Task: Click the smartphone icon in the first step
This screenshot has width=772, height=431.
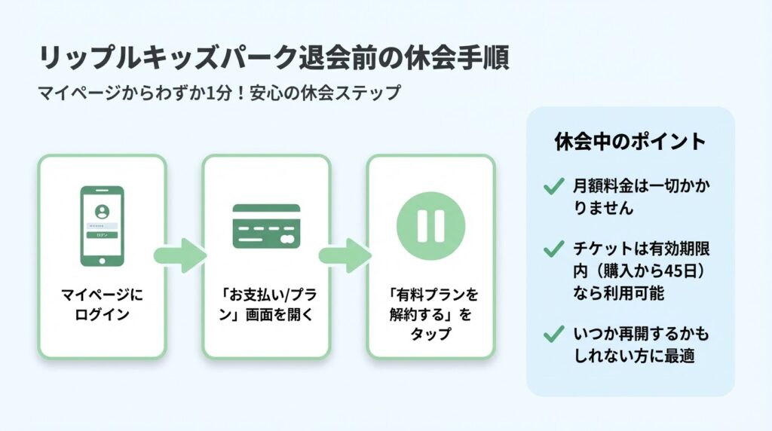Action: point(102,226)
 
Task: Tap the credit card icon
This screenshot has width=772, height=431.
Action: point(266,226)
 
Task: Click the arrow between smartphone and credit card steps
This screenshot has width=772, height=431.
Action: point(181,255)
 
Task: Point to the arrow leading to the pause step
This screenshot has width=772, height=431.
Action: point(345,255)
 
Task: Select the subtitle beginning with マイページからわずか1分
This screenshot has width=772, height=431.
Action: point(219,94)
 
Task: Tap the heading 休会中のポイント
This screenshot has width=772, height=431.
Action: point(630,142)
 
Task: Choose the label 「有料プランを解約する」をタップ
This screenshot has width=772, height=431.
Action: point(430,313)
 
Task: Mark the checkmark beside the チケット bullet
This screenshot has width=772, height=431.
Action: point(553,249)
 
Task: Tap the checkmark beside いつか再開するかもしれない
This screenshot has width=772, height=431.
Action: point(553,333)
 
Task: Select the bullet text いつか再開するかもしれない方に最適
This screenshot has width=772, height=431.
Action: point(641,344)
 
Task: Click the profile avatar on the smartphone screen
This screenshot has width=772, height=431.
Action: point(102,210)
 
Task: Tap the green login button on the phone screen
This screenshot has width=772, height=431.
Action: point(102,235)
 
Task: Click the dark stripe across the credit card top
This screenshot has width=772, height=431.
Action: point(266,209)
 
